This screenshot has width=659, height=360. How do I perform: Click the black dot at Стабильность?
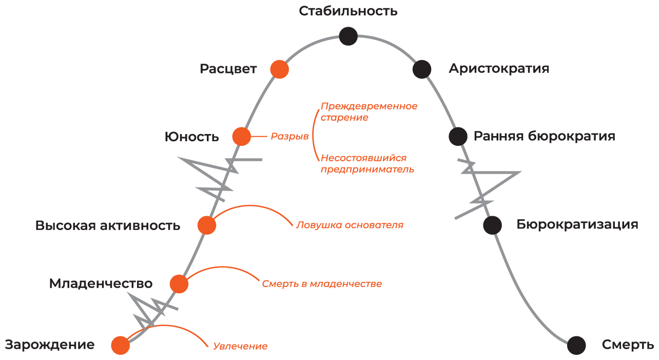pyautogui.click(x=348, y=36)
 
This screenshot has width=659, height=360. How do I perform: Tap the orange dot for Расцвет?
pyautogui.click(x=279, y=69)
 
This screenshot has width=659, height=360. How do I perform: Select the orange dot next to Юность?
pyautogui.click(x=241, y=137)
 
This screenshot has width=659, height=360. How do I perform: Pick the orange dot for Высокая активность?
pyautogui.click(x=207, y=225)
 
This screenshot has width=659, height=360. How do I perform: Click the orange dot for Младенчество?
pyautogui.click(x=179, y=283)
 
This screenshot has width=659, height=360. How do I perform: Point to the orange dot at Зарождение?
pyautogui.click(x=120, y=345)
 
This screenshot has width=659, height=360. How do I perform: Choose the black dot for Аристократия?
pyautogui.click(x=421, y=69)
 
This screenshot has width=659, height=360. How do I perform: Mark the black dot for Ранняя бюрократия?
pyautogui.click(x=458, y=136)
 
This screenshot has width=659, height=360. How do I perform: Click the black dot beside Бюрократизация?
pyautogui.click(x=492, y=225)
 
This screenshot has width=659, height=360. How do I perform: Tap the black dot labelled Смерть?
pyautogui.click(x=576, y=345)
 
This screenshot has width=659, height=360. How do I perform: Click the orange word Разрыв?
pyautogui.click(x=289, y=137)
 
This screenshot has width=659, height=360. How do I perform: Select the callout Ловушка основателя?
pyautogui.click(x=350, y=225)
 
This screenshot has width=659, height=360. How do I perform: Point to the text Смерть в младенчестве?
pyautogui.click(x=322, y=283)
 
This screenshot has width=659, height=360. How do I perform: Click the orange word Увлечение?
pyautogui.click(x=240, y=346)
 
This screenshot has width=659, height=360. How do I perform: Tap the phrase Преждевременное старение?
pyautogui.click(x=369, y=112)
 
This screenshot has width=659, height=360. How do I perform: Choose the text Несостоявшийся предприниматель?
pyautogui.click(x=367, y=164)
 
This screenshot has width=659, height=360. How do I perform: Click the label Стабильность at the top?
pyautogui.click(x=348, y=11)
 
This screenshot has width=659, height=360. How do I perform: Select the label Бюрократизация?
pyautogui.click(x=577, y=224)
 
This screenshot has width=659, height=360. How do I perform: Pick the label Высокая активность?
pyautogui.click(x=108, y=225)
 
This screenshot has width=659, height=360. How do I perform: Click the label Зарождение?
pyautogui.click(x=50, y=345)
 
